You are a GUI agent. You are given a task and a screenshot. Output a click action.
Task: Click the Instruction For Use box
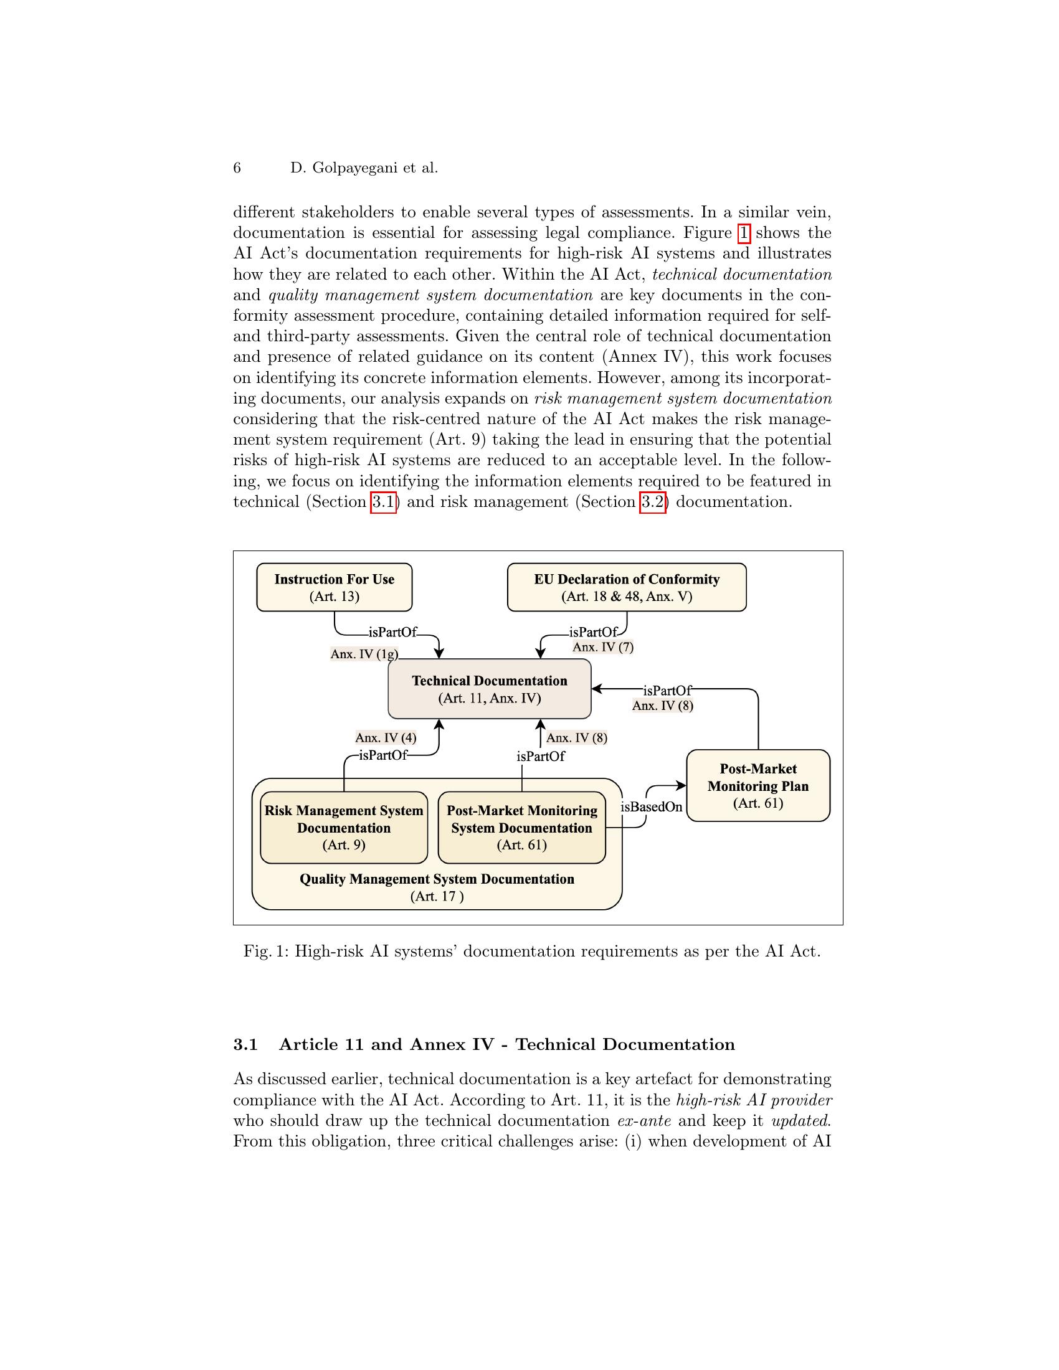point(334,587)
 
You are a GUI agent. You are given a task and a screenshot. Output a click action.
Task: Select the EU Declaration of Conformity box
point(626,587)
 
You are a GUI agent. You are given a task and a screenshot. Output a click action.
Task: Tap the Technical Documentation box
point(490,689)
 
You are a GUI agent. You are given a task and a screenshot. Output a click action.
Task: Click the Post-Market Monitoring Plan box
point(758,785)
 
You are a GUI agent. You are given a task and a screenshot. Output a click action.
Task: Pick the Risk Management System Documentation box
point(344,828)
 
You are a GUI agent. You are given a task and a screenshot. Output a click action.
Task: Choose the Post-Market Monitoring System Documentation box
point(521,828)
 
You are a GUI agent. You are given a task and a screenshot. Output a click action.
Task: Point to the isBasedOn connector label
point(651,806)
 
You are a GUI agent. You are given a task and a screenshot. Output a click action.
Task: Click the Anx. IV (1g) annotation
point(364,654)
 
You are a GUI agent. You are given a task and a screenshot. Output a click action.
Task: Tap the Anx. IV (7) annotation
point(603,648)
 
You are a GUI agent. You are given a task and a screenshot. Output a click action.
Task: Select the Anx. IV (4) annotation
point(385,738)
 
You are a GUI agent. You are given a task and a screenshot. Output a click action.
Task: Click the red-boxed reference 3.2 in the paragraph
point(652,502)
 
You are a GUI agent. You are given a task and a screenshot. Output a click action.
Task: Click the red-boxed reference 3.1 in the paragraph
point(383,502)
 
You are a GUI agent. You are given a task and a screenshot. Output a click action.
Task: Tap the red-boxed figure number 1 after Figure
point(743,233)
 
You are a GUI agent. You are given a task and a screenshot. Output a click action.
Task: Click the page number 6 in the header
point(237,168)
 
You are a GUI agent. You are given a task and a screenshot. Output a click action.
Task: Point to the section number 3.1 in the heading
point(245,1045)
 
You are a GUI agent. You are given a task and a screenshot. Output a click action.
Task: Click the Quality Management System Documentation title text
point(437,879)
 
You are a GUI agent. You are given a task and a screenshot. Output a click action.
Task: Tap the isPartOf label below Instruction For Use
point(392,632)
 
